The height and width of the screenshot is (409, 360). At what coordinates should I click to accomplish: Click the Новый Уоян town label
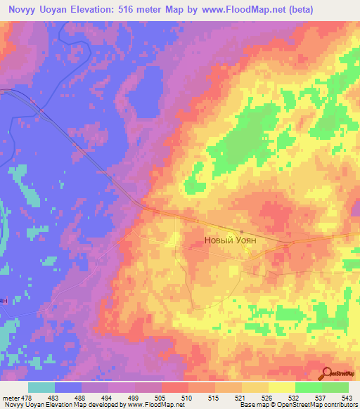tap(229, 240)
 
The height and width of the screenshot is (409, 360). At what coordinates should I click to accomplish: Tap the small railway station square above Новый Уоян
tap(241, 232)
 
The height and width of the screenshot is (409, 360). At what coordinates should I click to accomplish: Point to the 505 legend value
tap(162, 397)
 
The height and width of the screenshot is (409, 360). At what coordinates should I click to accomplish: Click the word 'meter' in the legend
tap(11, 397)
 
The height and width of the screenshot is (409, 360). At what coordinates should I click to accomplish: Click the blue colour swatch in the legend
tap(68, 387)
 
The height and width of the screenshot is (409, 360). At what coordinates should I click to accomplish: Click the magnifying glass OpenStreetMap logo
tap(327, 373)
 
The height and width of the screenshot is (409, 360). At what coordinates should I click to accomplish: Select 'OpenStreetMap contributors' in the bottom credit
tap(317, 405)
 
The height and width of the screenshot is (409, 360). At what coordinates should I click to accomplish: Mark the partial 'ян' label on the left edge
tap(4, 300)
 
